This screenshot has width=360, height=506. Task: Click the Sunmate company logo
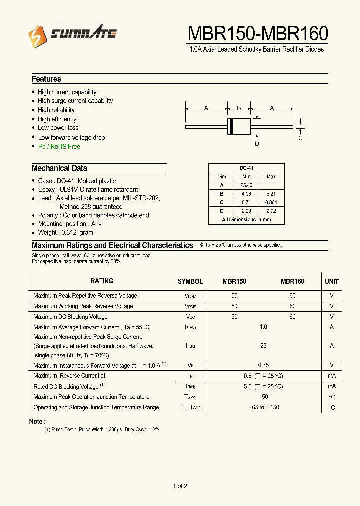coord(72,34)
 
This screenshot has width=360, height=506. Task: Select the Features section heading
coord(46,79)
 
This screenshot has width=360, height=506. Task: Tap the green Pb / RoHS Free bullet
coord(59,147)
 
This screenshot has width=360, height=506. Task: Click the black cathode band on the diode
coord(231,126)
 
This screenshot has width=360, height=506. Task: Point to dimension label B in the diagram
coord(239,108)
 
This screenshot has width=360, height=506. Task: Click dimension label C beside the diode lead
coord(300,138)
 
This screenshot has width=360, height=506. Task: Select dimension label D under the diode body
coord(257,144)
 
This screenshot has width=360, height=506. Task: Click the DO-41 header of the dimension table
coord(246,168)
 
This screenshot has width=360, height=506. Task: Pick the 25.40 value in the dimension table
coord(246,185)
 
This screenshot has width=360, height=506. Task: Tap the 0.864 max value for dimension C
coord(271,202)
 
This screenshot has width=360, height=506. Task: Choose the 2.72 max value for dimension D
coord(271,211)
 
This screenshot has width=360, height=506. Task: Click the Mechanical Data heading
coord(59,168)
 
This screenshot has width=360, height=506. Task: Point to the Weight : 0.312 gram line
coord(65,233)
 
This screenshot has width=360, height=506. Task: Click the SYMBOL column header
coord(190,282)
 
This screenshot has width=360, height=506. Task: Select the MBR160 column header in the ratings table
coord(292,282)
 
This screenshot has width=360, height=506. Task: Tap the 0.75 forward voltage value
coord(263,365)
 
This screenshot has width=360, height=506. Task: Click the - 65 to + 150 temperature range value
coord(264,407)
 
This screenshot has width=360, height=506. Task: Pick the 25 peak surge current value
coord(263,346)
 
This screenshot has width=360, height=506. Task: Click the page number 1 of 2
coord(180,486)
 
